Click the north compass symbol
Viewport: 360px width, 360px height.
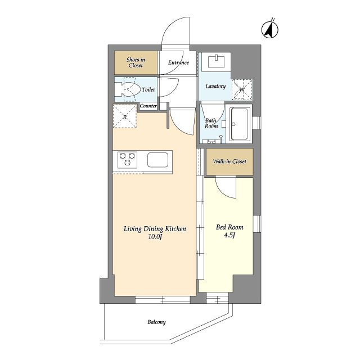pos(270,29)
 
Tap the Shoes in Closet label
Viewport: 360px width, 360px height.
pos(136,62)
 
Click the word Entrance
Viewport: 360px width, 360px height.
pos(178,62)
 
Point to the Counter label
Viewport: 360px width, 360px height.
pos(148,106)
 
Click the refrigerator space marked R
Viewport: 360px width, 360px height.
pos(125,116)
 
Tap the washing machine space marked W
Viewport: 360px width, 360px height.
pos(242,89)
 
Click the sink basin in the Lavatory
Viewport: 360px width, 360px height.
pos(216,61)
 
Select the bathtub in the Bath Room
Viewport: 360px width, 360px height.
pos(239,124)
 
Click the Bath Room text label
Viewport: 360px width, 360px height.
pos(211,123)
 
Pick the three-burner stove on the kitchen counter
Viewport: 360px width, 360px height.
pos(128,159)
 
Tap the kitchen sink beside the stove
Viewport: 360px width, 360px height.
pos(157,160)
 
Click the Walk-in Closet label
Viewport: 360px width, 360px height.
pos(229,161)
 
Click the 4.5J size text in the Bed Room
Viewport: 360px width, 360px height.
pos(229,236)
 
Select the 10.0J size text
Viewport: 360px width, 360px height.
pos(155,237)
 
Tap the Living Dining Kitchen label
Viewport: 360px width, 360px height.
pos(155,229)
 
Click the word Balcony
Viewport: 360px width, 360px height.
pos(156,322)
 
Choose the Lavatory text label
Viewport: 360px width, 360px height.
pos(215,86)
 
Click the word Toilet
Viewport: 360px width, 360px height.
pos(148,89)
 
